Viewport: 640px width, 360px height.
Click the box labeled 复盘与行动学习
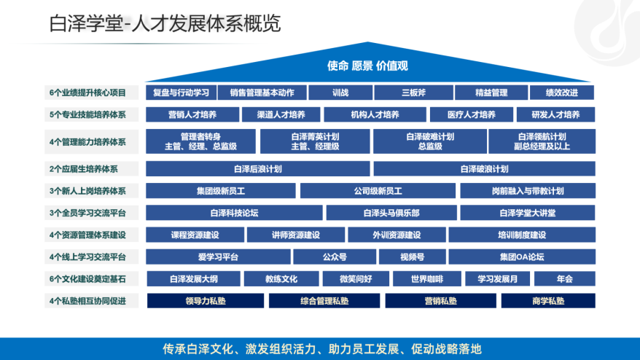(181, 93)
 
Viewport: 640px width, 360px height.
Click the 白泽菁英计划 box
(314, 141)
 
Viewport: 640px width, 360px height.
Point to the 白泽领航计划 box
(542, 141)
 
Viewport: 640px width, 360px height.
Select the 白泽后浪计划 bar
(257, 169)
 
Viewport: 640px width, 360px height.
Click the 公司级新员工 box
(377, 191)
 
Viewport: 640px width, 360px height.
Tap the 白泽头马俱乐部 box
(391, 213)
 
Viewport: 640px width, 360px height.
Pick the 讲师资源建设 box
(295, 235)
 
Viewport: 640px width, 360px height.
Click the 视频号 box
(412, 257)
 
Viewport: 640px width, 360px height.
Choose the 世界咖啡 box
(426, 278)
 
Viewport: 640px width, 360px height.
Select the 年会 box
(564, 278)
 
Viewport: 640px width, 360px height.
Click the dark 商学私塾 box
(548, 300)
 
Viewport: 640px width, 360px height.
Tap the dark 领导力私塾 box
(206, 300)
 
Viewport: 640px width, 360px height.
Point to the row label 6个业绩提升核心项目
(88, 93)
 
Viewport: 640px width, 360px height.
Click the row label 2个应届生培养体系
(84, 169)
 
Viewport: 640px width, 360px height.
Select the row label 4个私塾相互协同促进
(88, 300)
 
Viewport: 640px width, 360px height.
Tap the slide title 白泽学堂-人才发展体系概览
(165, 24)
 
